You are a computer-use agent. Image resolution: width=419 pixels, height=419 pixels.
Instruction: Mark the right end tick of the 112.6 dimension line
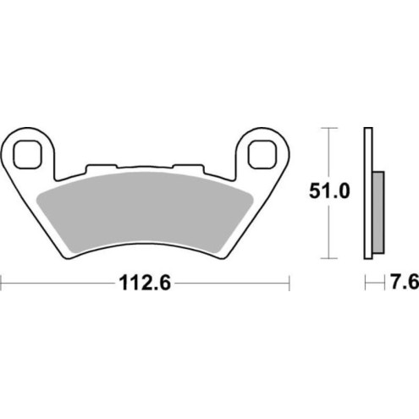pos(289,283)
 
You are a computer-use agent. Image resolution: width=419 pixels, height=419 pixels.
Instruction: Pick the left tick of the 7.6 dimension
pos(365,283)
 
